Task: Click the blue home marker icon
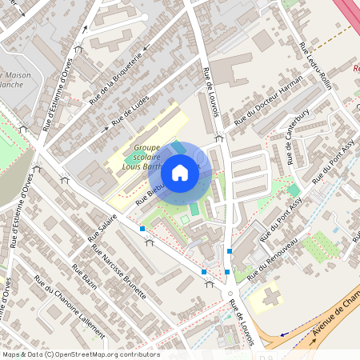tap(180, 173)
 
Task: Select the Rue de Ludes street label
tap(130, 111)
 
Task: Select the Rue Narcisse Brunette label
tap(119, 271)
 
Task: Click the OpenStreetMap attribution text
tap(80, 354)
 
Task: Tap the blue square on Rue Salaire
tap(142, 229)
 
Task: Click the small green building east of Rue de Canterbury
tap(294, 190)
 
